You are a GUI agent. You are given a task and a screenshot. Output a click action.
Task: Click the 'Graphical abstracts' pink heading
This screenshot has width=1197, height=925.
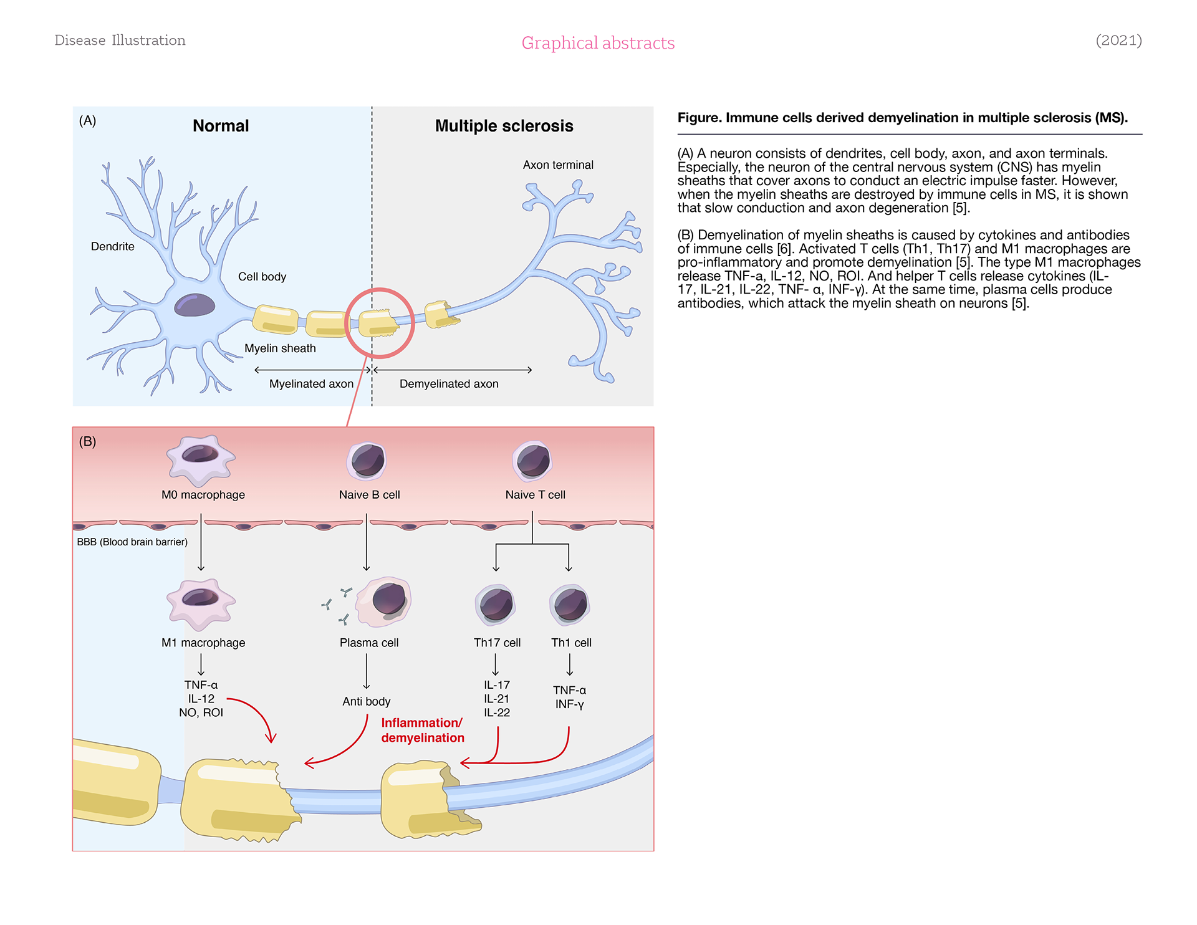(x=598, y=43)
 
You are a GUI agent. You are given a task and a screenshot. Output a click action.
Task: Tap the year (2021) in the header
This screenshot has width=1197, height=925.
(x=1118, y=41)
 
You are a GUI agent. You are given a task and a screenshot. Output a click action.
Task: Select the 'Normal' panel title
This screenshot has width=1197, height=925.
(x=221, y=126)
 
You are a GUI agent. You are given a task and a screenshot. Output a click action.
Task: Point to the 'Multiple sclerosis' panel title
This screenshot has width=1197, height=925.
(x=504, y=126)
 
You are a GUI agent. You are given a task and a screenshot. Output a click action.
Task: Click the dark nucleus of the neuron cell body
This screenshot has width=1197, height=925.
(x=195, y=305)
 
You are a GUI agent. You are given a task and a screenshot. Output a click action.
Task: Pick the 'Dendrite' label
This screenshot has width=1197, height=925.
(x=113, y=246)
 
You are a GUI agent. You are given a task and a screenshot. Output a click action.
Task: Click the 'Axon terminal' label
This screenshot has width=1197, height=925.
(x=558, y=165)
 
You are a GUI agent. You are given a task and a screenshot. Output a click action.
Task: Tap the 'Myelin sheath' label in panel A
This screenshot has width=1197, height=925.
(x=280, y=348)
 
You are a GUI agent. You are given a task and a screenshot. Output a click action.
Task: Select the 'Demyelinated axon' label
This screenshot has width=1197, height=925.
(x=449, y=384)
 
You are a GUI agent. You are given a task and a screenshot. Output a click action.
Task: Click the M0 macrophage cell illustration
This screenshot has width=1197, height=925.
(x=201, y=460)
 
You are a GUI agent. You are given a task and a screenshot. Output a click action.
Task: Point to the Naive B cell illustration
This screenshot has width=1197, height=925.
(x=367, y=461)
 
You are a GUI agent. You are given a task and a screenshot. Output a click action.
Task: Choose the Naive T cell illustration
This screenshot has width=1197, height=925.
(x=533, y=461)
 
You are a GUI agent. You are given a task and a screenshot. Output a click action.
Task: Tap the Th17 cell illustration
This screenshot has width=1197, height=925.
(x=496, y=605)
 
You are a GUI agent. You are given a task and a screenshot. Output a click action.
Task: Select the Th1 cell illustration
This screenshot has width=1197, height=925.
(x=570, y=605)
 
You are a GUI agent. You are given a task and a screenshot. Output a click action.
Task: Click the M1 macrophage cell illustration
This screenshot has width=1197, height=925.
(x=201, y=603)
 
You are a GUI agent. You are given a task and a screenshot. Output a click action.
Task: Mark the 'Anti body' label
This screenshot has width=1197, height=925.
(x=367, y=702)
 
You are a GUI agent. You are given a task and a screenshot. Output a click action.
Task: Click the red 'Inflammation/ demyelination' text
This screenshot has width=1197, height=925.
(x=423, y=731)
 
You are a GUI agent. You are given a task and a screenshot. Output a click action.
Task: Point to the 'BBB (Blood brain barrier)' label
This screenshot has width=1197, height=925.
(x=132, y=542)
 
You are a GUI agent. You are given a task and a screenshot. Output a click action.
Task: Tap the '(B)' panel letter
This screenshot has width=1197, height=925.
(x=87, y=442)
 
